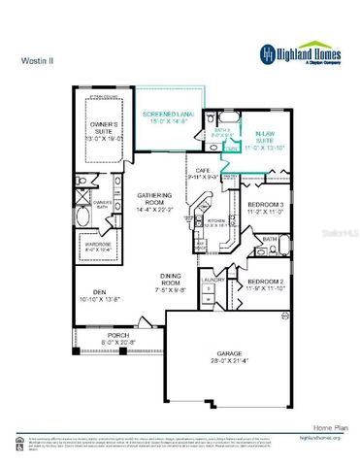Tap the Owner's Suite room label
(104, 130)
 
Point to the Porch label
(118, 338)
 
